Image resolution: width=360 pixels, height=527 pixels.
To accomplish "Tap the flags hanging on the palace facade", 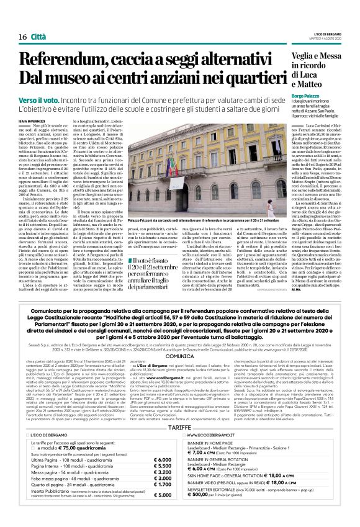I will point(172,165).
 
